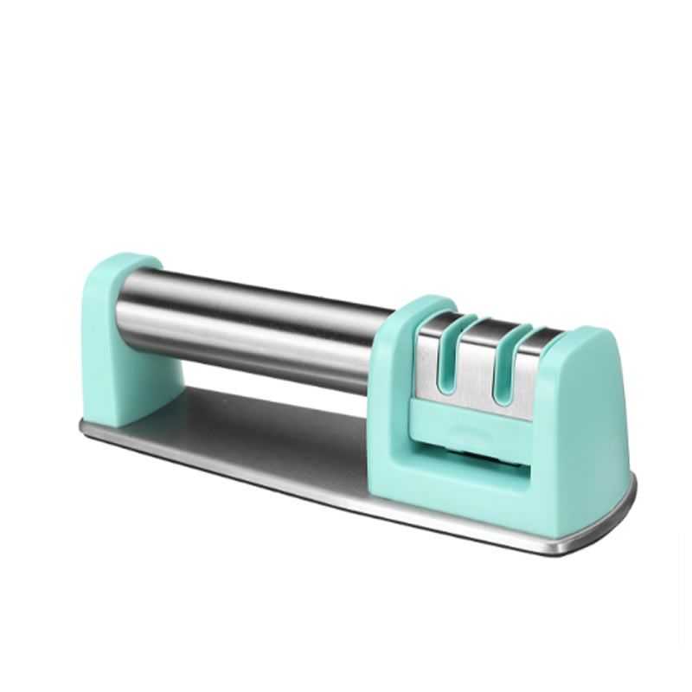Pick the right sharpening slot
(498, 367)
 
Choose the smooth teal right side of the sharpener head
(588, 415)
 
